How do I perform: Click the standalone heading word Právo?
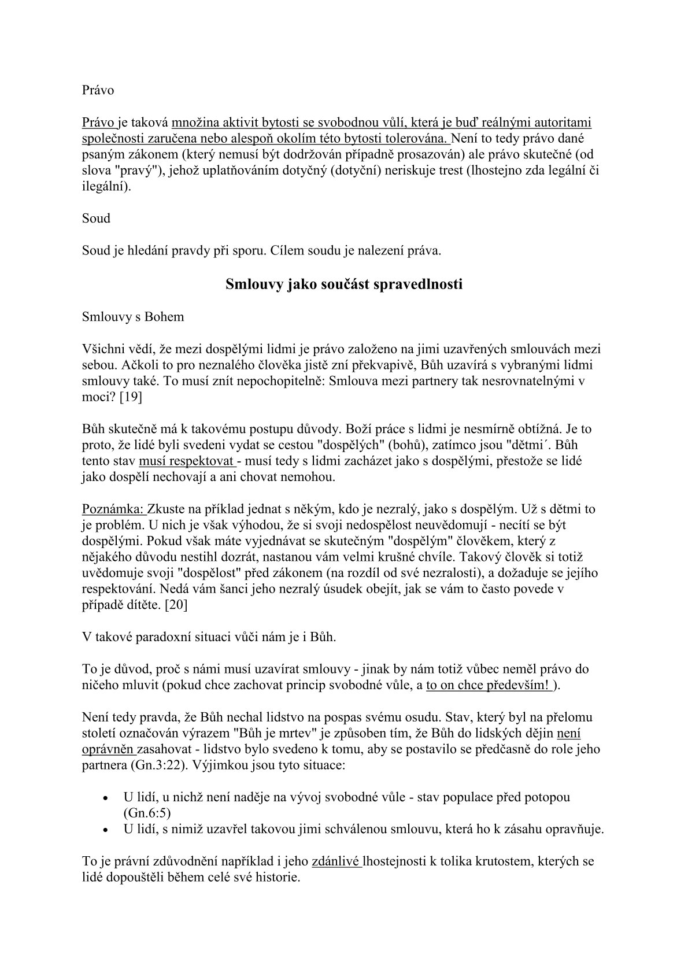tap(98, 91)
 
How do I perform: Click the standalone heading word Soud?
tap(96, 219)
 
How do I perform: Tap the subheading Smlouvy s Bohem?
tap(133, 317)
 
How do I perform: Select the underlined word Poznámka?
tap(114, 509)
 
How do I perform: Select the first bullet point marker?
tap(105, 798)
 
